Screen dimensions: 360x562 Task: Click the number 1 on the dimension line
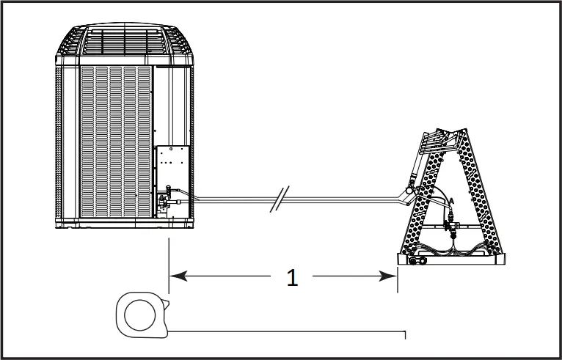pos(292,278)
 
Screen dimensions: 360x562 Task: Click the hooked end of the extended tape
pos(405,335)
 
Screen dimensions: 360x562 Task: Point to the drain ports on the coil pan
pos(417,260)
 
